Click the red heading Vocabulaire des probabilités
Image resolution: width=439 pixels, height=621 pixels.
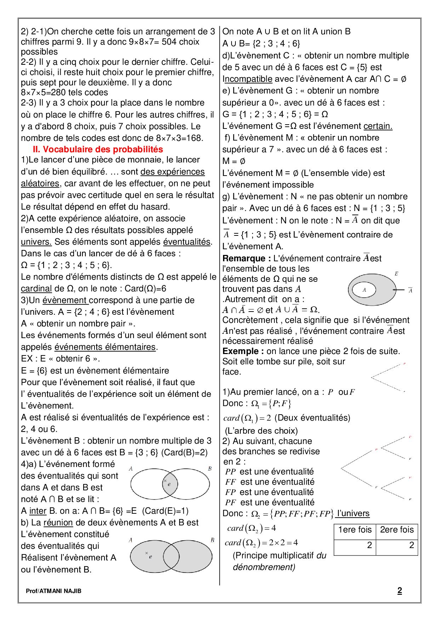[98, 149]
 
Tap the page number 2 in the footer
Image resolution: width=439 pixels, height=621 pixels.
[399, 591]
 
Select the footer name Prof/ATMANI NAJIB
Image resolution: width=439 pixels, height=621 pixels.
[53, 591]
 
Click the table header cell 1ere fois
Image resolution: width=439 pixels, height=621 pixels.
[355, 530]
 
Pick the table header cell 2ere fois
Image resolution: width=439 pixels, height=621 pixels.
[397, 530]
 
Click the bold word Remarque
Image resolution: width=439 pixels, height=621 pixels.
[244, 258]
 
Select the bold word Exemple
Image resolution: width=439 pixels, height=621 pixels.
[243, 351]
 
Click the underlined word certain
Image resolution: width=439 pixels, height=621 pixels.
[378, 126]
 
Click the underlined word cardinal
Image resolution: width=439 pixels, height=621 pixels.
[36, 289]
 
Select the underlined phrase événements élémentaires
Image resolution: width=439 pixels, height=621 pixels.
[105, 347]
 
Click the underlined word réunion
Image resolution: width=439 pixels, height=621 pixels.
[58, 523]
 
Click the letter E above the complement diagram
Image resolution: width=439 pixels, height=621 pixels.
[396, 274]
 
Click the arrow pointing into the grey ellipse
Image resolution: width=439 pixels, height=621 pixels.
[398, 290]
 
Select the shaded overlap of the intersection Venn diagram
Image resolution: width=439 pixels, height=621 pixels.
[170, 484]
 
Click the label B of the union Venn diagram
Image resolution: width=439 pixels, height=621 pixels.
[212, 540]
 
